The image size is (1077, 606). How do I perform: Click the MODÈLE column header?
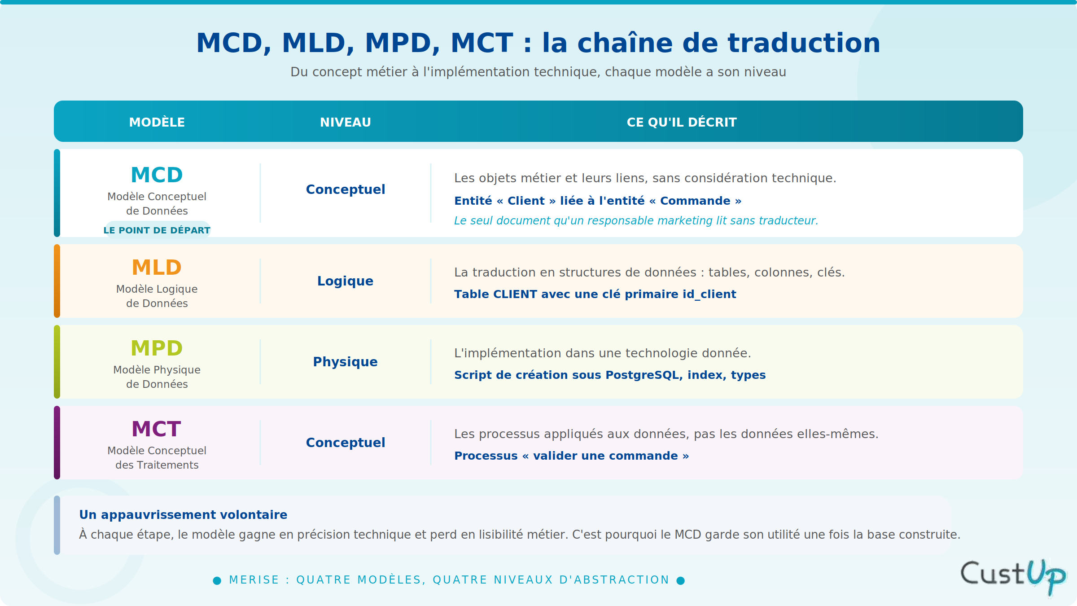[x=157, y=122]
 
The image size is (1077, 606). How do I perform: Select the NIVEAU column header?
[x=346, y=122]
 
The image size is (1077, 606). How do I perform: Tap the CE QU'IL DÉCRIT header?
[x=682, y=122]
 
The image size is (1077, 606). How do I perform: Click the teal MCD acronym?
[x=157, y=175]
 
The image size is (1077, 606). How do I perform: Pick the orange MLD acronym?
[x=157, y=267]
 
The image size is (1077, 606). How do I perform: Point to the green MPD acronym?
[x=157, y=348]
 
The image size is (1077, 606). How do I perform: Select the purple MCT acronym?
[x=157, y=429]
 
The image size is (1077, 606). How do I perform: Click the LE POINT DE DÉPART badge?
[x=157, y=229]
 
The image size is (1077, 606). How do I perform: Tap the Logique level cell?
[x=345, y=281]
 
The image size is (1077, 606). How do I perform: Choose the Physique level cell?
[x=345, y=362]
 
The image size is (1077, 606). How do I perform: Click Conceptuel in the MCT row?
[x=346, y=443]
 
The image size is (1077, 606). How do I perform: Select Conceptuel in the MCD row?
[x=346, y=189]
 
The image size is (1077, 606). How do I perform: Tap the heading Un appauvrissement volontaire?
[x=183, y=514]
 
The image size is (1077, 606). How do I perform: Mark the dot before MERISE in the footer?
[x=217, y=580]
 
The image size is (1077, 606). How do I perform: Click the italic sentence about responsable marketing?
[x=636, y=220]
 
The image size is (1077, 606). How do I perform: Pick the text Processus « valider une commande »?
[x=572, y=456]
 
